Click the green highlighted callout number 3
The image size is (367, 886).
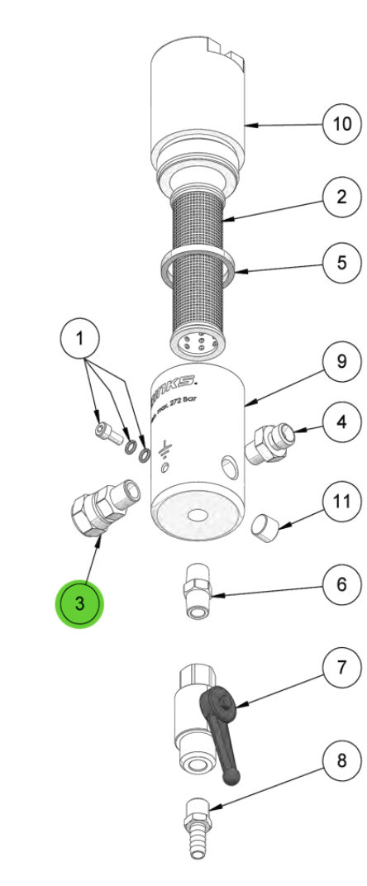point(79,603)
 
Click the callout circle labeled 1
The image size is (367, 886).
point(80,338)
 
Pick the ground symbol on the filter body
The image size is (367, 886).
point(166,450)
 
